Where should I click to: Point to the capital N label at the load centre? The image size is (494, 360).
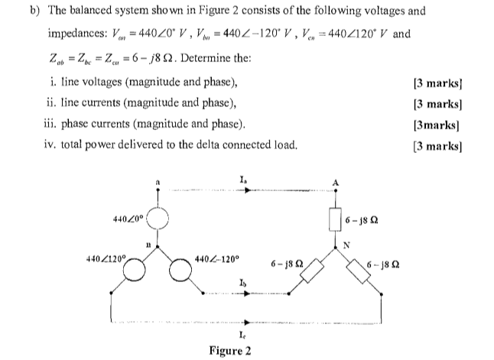click(x=346, y=246)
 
